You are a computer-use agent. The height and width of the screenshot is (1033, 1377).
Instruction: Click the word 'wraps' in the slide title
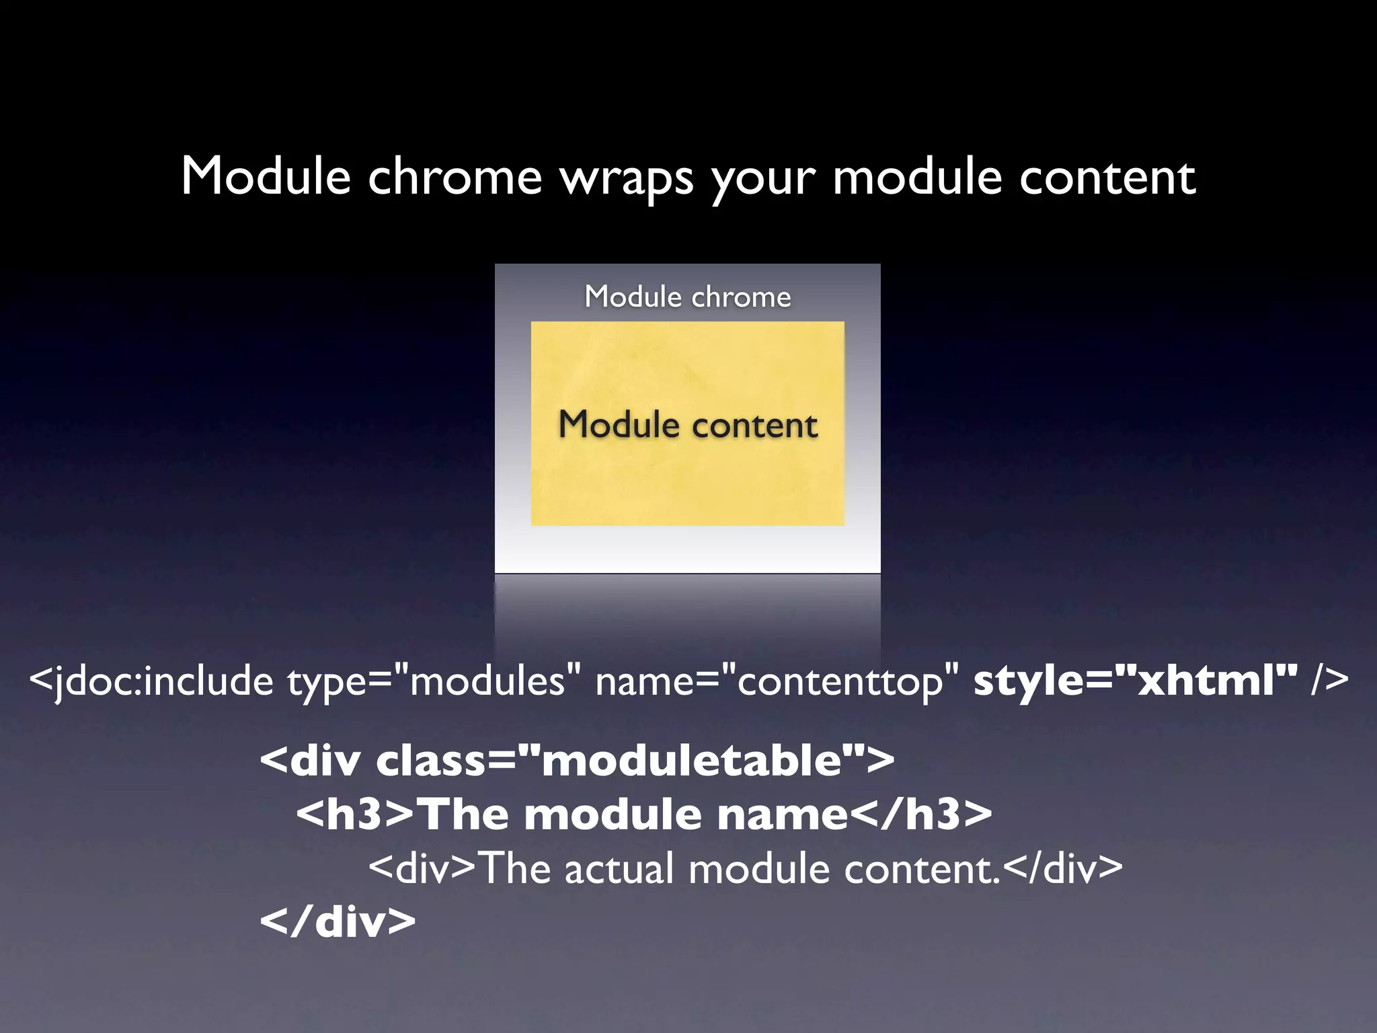(x=627, y=178)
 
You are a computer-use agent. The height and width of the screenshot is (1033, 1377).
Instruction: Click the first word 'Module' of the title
(x=266, y=176)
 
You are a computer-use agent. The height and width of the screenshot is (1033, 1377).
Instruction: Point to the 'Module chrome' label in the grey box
(x=687, y=297)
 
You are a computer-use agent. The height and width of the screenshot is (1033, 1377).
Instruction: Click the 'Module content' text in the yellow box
(x=687, y=425)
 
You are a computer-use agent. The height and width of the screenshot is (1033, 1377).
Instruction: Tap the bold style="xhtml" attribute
(x=1135, y=680)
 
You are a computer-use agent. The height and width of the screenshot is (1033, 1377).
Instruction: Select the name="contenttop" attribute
(x=777, y=681)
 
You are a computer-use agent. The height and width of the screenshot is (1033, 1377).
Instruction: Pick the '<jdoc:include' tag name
(x=151, y=681)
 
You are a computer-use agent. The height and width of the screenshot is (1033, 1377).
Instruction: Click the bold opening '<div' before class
(x=310, y=761)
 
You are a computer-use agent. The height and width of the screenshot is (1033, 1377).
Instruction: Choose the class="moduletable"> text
(x=635, y=761)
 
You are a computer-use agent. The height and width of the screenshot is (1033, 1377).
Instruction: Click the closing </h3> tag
(x=921, y=814)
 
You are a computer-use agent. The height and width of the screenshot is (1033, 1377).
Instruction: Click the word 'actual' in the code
(x=619, y=869)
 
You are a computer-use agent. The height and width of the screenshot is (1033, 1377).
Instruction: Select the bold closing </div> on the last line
(x=338, y=922)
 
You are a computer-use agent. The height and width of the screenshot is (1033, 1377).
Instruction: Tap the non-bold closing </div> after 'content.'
(x=1062, y=869)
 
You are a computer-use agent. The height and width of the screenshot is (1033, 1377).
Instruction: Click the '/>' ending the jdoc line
(x=1329, y=680)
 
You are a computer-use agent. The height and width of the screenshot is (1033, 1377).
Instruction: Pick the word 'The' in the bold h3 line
(x=465, y=814)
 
